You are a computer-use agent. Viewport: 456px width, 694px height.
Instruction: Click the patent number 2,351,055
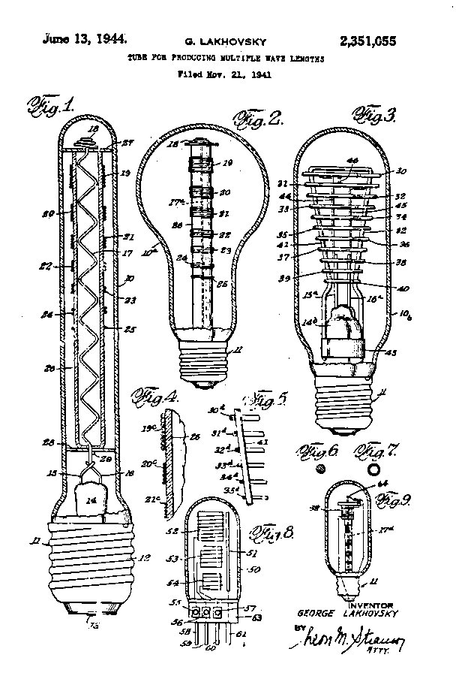(367, 41)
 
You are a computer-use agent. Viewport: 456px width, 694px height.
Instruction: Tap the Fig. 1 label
(51, 105)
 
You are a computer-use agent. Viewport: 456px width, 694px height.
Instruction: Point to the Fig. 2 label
(257, 117)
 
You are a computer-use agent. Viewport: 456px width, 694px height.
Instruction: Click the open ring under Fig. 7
(373, 469)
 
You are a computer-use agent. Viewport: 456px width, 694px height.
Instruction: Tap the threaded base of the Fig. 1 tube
(88, 560)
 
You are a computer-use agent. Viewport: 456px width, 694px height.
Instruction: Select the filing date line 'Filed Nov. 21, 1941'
(224, 74)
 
